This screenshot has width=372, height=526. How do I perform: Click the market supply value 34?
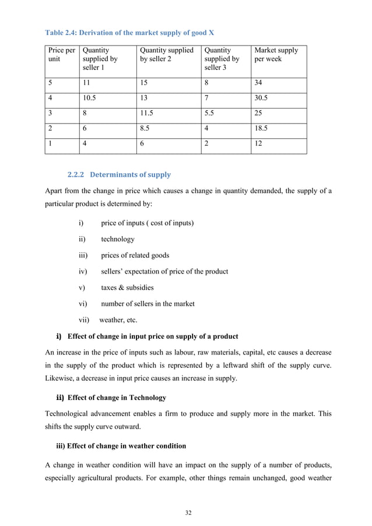(x=259, y=83)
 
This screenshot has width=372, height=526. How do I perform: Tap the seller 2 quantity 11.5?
(x=146, y=114)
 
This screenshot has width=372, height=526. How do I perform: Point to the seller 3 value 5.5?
(x=209, y=114)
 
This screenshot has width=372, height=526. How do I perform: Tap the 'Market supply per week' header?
(x=276, y=55)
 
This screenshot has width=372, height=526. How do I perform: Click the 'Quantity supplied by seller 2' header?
(x=166, y=55)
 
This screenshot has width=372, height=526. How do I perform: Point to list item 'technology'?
(x=118, y=239)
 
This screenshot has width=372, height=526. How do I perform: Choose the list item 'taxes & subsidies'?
(x=127, y=287)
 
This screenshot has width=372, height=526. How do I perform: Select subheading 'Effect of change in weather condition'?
(x=127, y=446)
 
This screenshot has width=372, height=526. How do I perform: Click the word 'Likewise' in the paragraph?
(x=60, y=378)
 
